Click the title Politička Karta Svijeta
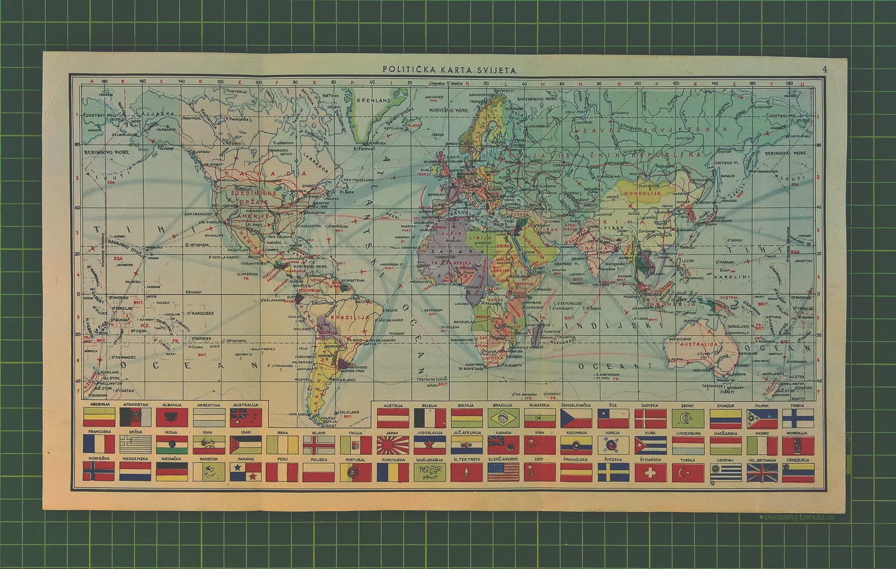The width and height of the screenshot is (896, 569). [x=450, y=70]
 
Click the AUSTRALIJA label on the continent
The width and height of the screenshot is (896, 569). [x=699, y=344]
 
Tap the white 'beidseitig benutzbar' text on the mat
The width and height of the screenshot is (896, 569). [x=798, y=517]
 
